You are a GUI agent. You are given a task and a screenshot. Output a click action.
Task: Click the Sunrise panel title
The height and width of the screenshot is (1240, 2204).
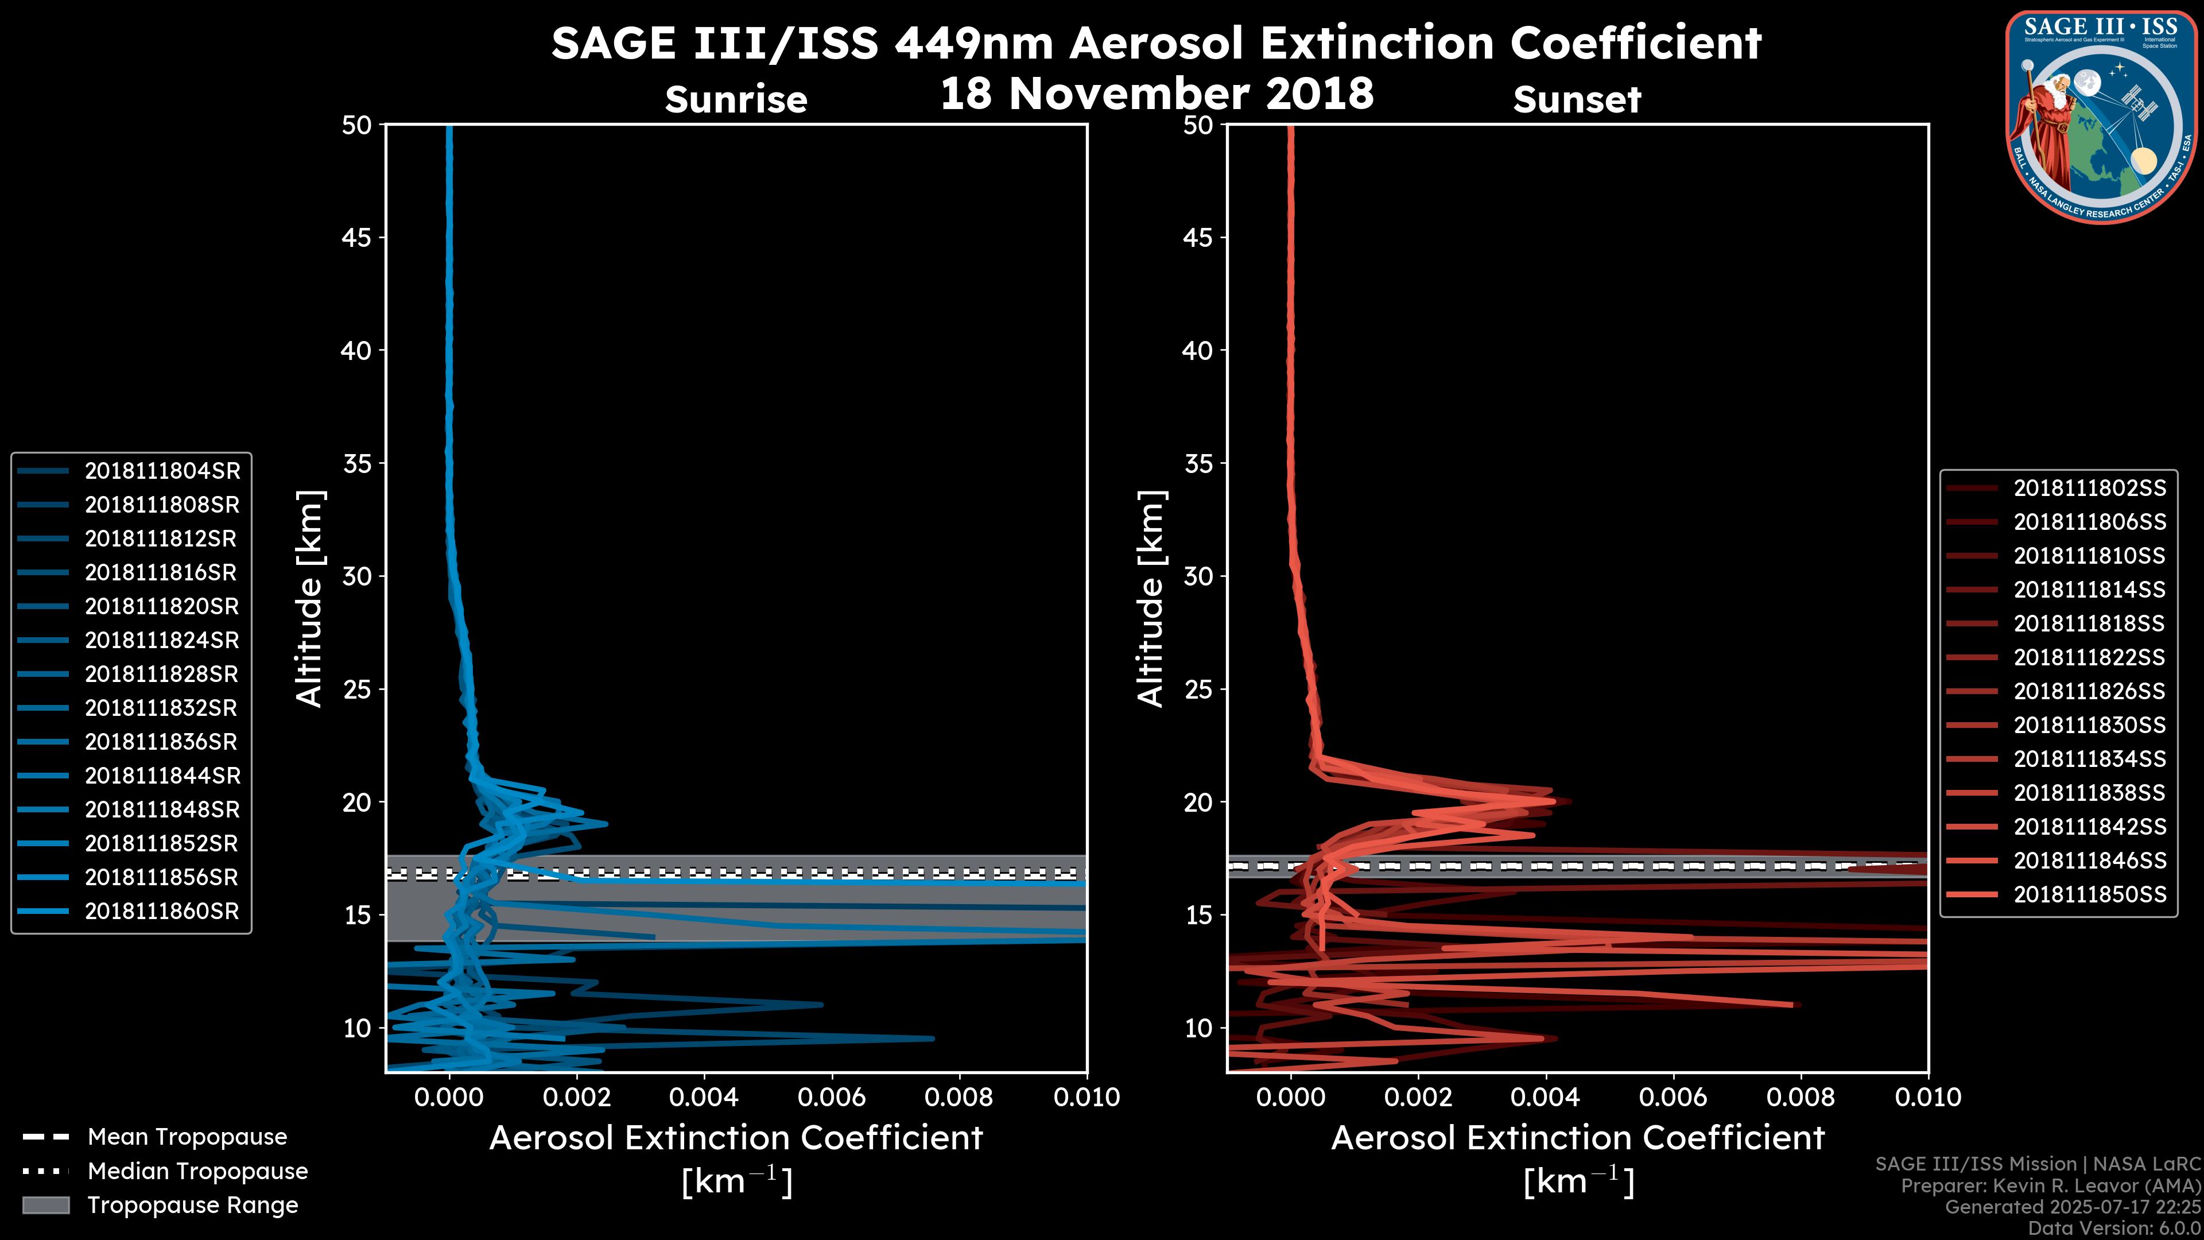pos(736,99)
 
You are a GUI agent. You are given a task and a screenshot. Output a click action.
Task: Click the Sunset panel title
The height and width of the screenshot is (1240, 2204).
pos(1577,99)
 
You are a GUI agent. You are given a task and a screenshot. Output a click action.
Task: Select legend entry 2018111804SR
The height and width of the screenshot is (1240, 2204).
pos(162,471)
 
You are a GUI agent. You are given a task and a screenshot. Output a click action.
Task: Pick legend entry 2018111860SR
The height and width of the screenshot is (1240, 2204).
pos(162,912)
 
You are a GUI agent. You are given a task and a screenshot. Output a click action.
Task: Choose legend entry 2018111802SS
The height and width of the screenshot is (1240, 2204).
pos(2089,488)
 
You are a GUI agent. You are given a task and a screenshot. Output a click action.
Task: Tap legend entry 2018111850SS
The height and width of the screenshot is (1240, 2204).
pos(2089,894)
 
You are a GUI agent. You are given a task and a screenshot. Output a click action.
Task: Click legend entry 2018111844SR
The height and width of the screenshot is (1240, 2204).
pos(162,776)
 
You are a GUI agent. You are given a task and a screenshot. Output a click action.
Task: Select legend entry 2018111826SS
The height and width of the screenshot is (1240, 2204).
pos(2089,691)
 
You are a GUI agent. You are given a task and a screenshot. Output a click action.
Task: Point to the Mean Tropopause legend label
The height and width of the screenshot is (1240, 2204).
pos(187,1137)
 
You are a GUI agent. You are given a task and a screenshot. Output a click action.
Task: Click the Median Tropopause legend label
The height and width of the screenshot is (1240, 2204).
pos(197,1172)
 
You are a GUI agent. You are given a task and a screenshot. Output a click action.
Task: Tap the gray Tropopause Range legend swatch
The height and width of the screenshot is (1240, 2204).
pos(46,1205)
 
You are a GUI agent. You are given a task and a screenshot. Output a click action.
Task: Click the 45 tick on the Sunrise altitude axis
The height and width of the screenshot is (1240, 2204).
pos(358,237)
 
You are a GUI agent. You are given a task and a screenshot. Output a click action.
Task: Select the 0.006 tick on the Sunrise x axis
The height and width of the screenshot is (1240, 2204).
pos(831,1097)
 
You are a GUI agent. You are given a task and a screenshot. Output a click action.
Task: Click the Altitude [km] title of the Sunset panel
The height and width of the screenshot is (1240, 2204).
pos(1151,598)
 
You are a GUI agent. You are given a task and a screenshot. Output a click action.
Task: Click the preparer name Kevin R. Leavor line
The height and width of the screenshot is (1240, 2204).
pos(2050,1186)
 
